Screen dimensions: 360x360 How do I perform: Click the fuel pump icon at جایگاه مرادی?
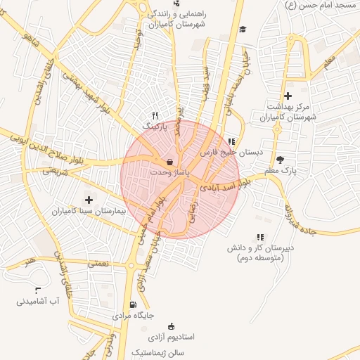133,304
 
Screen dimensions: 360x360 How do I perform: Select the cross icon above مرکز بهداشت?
287,96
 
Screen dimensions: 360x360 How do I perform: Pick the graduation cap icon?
243,29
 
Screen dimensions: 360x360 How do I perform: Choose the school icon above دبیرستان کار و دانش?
260,238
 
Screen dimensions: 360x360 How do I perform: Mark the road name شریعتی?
56,169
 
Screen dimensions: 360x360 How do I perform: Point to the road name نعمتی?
97,263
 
